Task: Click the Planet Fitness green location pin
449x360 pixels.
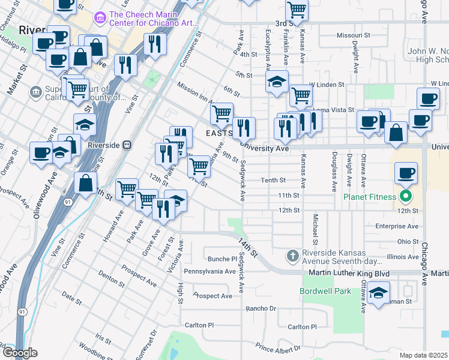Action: point(406,196)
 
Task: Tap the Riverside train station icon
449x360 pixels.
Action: point(127,145)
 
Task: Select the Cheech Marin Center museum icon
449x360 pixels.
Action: point(100,19)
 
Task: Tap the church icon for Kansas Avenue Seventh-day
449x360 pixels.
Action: point(292,256)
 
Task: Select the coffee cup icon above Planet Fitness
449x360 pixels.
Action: point(406,173)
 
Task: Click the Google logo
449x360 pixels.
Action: point(20,353)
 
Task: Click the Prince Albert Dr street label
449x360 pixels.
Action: point(277,348)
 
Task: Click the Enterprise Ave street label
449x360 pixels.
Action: point(396,226)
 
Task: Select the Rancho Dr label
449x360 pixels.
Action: point(261,308)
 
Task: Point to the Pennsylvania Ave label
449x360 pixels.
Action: point(210,271)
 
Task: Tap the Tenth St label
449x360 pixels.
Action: point(273,180)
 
